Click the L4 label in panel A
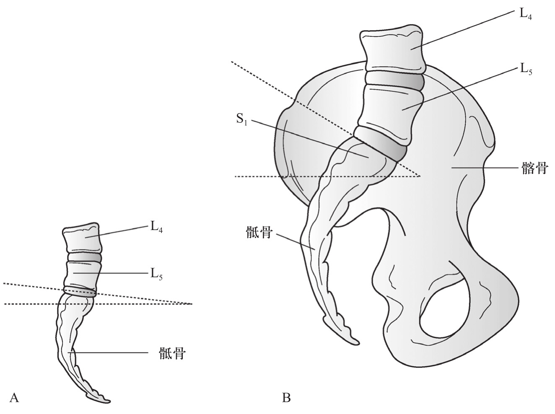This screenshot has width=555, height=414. (x=157, y=227)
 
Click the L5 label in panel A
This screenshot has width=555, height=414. (x=157, y=274)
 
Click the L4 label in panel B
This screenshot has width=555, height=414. (x=526, y=14)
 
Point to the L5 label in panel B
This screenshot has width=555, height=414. (x=526, y=69)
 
